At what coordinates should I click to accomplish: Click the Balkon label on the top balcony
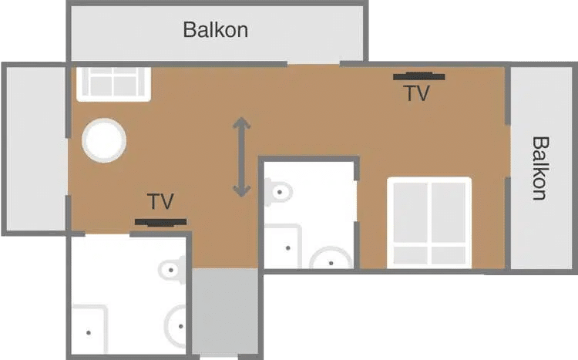pyautogui.click(x=215, y=30)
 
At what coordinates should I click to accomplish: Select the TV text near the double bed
pyautogui.click(x=416, y=93)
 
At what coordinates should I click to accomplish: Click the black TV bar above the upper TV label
pyautogui.click(x=418, y=76)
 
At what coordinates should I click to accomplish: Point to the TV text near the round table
pyautogui.click(x=160, y=202)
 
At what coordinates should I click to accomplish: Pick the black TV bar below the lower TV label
pyautogui.click(x=160, y=222)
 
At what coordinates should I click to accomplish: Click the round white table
pyautogui.click(x=104, y=140)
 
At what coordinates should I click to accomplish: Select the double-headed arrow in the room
pyautogui.click(x=242, y=156)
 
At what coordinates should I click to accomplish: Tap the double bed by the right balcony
pyautogui.click(x=428, y=222)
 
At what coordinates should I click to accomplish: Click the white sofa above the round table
pyautogui.click(x=113, y=82)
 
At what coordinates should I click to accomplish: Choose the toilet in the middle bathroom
pyautogui.click(x=279, y=190)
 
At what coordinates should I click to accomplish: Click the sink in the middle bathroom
pyautogui.click(x=331, y=260)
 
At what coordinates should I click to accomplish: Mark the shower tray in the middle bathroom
pyautogui.click(x=281, y=247)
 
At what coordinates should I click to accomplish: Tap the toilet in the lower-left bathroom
pyautogui.click(x=173, y=269)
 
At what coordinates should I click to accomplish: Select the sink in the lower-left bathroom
pyautogui.click(x=177, y=327)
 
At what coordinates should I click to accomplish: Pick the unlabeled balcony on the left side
pyautogui.click(x=35, y=148)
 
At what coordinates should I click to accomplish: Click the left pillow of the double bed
pyautogui.click(x=409, y=255)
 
